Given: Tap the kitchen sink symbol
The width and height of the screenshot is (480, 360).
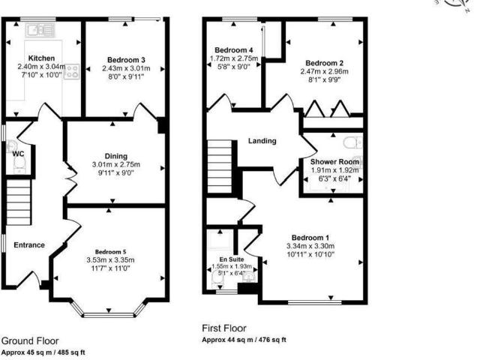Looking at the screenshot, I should pyautogui.click(x=34, y=31).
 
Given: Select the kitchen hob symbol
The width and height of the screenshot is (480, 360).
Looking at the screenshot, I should pyautogui.click(x=73, y=72).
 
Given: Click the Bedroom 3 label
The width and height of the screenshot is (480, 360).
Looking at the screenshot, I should pyautogui.click(x=125, y=59).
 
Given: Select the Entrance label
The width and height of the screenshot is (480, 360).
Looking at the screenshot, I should pyautogui.click(x=29, y=244).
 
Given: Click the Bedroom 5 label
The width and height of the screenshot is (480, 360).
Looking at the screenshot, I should pyautogui.click(x=115, y=252).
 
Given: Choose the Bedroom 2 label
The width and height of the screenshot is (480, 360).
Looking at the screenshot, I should pyautogui.click(x=325, y=62).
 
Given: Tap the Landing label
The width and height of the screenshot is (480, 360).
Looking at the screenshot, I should pyautogui.click(x=262, y=140).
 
